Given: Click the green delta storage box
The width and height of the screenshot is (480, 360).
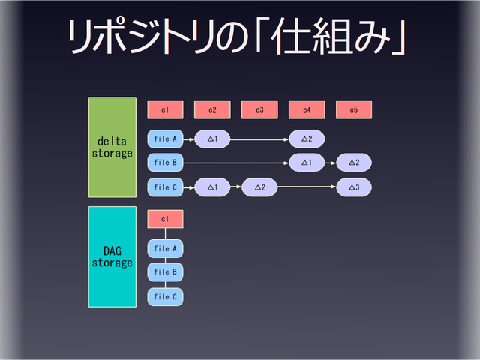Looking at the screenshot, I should click(x=112, y=147).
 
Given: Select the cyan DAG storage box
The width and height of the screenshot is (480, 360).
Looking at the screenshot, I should click(x=112, y=256).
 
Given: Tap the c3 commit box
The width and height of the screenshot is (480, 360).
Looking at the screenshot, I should click(x=259, y=110).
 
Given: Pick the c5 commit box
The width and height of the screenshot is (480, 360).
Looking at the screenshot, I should click(x=354, y=110).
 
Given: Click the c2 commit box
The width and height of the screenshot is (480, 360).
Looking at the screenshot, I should click(x=212, y=110).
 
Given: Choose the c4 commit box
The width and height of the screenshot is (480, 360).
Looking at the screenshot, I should click(x=307, y=110).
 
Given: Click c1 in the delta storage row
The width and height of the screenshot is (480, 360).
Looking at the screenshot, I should click(x=165, y=110).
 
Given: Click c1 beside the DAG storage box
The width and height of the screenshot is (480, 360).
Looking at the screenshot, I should click(x=165, y=219).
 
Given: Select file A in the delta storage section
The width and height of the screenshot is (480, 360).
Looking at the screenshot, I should click(x=165, y=139).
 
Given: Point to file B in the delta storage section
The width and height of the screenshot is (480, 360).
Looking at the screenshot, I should click(x=165, y=162).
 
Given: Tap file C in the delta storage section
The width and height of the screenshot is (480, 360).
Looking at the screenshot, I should click(x=165, y=187).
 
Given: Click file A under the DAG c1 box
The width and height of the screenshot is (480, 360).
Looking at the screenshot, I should click(x=165, y=248).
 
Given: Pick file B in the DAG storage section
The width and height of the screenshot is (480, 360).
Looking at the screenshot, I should click(x=165, y=271).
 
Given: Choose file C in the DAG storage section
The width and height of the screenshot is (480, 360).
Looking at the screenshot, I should click(x=165, y=296).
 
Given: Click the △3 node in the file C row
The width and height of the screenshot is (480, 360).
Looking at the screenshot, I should click(x=354, y=187).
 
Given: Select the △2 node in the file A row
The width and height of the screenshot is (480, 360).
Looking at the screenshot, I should click(x=307, y=139).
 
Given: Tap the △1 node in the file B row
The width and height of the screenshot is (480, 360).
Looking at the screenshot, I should click(x=307, y=162).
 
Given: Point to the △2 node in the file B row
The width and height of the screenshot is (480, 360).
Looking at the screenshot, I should click(x=354, y=162).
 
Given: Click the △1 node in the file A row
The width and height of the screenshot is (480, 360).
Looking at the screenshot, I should click(x=212, y=139).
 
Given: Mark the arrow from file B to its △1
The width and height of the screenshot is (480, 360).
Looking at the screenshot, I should click(x=236, y=162).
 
